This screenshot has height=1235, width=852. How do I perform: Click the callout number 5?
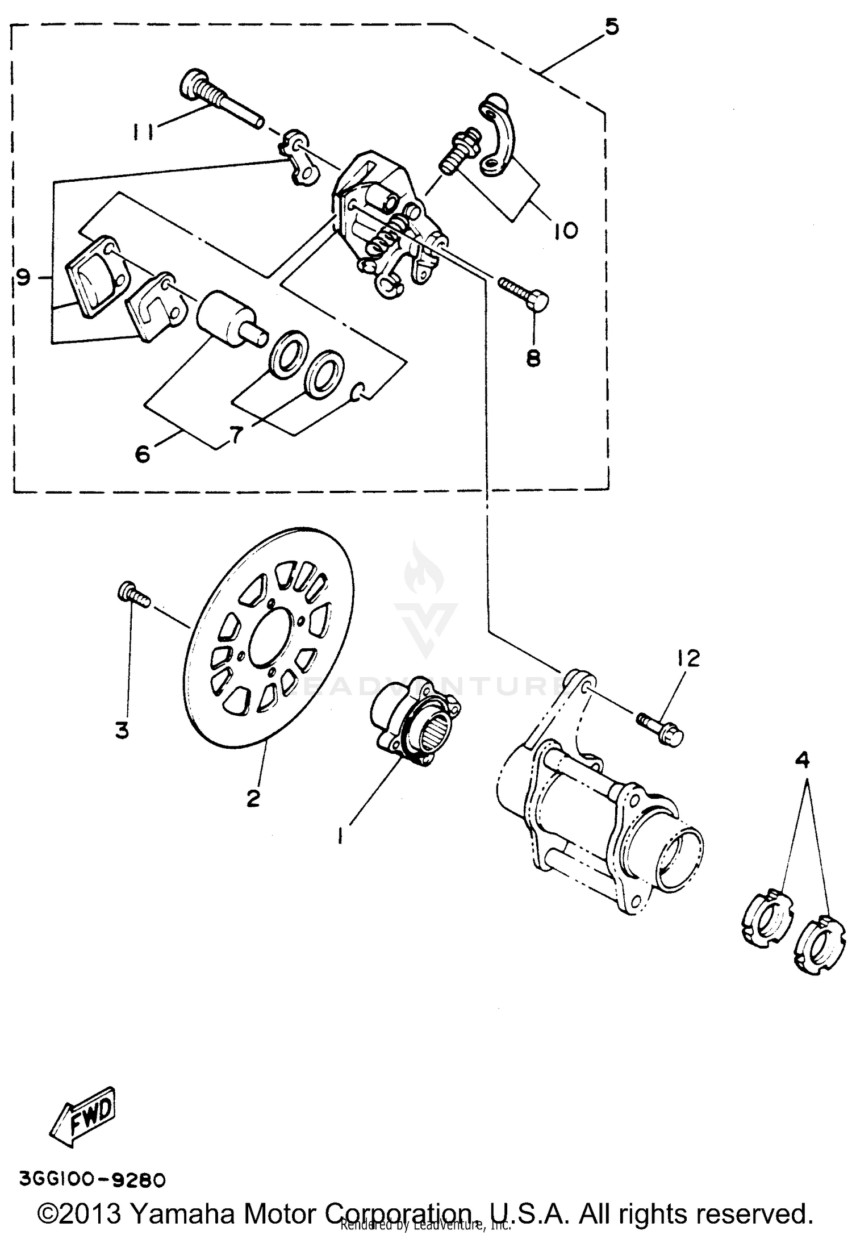(611, 27)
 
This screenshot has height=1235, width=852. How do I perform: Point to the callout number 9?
(23, 278)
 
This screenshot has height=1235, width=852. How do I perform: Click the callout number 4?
(803, 760)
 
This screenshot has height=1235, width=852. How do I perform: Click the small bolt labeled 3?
(133, 596)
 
